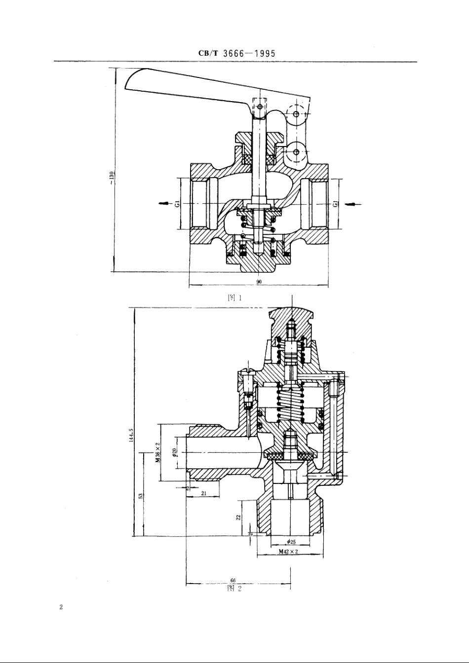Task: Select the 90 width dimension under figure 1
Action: pyautogui.click(x=259, y=281)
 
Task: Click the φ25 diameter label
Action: pyautogui.click(x=291, y=541)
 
